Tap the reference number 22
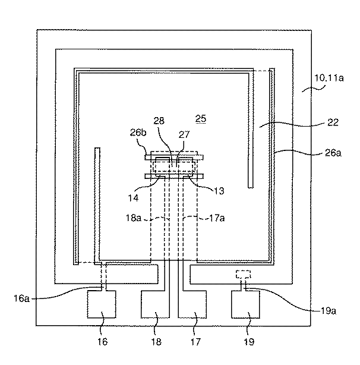333,122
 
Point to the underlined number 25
201,119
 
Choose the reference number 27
184,135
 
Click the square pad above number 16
102,305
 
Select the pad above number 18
154,304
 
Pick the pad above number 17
192,304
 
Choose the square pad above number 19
245,305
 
